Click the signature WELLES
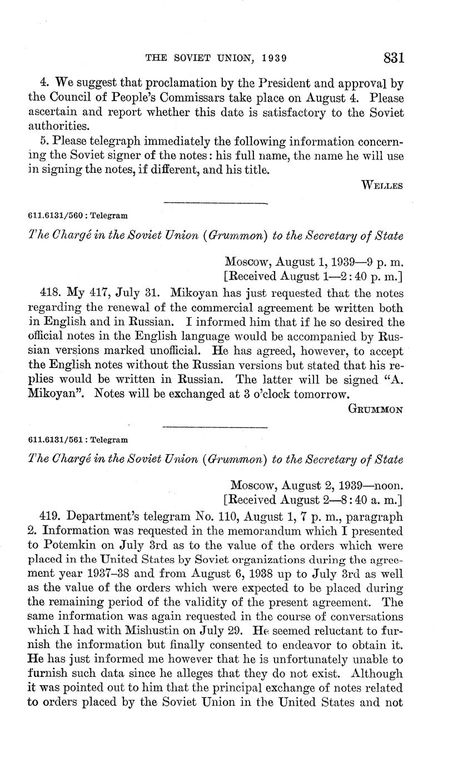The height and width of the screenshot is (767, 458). (382, 185)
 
